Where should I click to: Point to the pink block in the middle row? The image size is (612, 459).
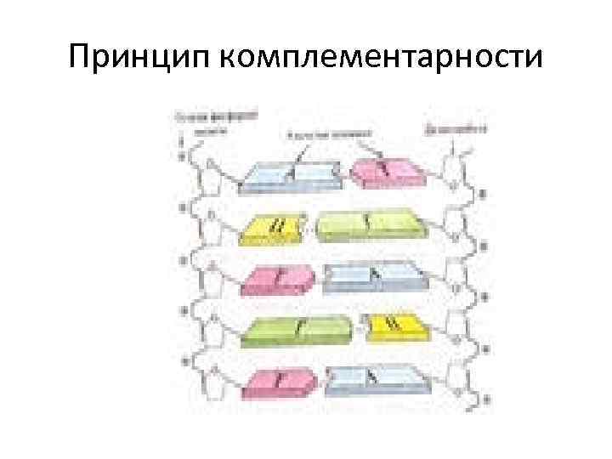tap(279, 277)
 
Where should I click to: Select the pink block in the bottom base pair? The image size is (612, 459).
tap(279, 382)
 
